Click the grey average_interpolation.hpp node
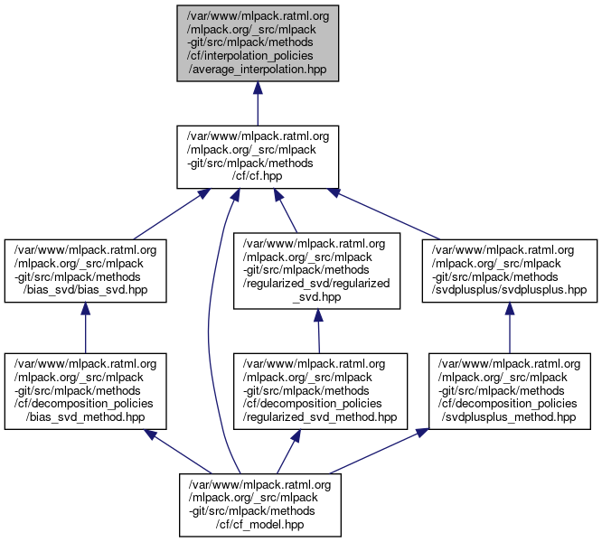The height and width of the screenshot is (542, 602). (x=258, y=42)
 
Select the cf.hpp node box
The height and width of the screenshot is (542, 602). (x=258, y=156)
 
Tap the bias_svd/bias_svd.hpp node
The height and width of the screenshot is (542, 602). (x=85, y=270)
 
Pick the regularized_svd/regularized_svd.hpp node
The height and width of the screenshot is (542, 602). (x=317, y=270)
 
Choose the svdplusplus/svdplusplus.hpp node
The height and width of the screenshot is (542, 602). (x=512, y=270)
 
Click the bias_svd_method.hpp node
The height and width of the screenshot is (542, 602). (x=85, y=390)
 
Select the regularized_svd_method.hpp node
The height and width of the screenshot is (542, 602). (x=317, y=390)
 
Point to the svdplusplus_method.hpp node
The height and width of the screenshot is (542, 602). (x=512, y=390)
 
